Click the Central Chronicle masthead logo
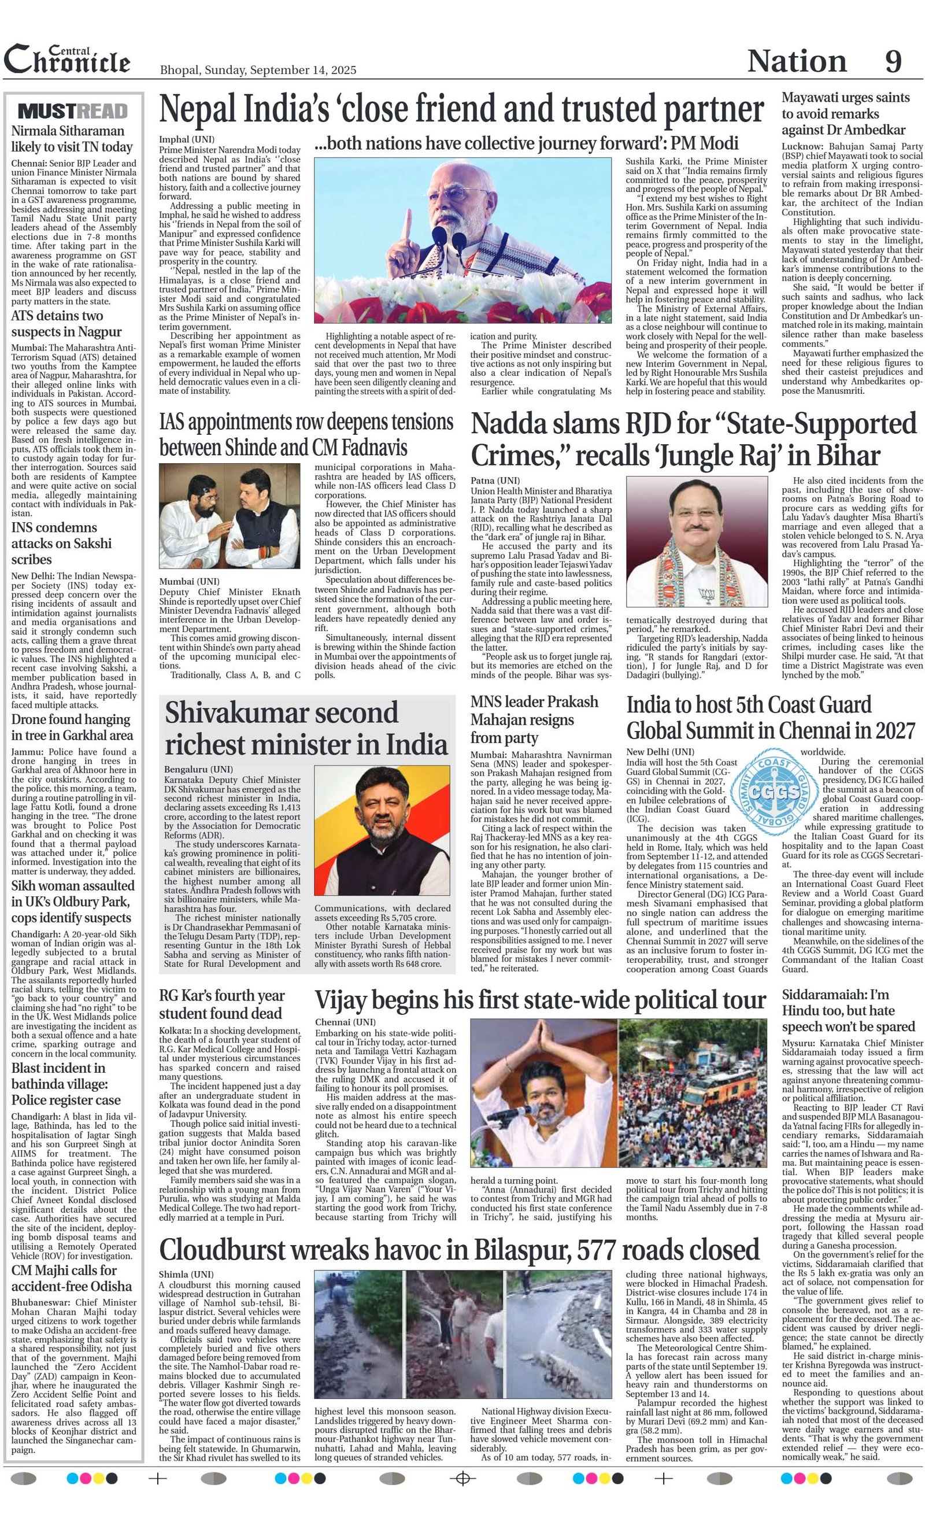67,60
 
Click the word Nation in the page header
797,61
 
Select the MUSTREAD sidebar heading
73,111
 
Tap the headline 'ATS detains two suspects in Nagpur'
66,323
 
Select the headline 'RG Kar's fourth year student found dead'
222,1004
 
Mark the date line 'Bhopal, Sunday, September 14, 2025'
258,70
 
